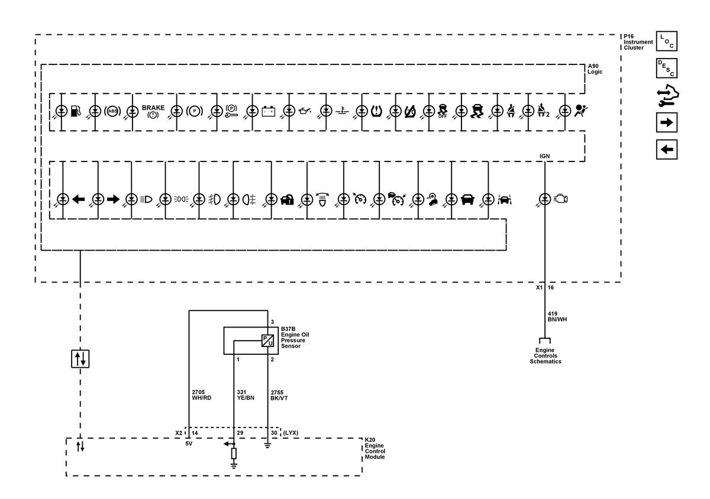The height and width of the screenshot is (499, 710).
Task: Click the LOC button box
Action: [x=667, y=41]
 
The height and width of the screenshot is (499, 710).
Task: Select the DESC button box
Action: [x=667, y=68]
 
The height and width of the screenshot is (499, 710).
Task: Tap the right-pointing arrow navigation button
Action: [x=667, y=122]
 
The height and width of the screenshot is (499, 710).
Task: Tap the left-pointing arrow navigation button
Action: [x=667, y=150]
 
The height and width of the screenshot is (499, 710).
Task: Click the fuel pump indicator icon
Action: [x=76, y=111]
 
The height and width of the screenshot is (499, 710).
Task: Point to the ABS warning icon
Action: [x=112, y=111]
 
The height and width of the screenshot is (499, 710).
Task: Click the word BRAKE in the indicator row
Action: [x=153, y=108]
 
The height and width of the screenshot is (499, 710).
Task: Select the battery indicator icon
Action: [x=269, y=111]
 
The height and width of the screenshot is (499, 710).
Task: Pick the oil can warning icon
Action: [x=305, y=111]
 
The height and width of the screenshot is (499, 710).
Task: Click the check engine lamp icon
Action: [x=560, y=199]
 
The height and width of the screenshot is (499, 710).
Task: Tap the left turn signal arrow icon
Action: [x=78, y=199]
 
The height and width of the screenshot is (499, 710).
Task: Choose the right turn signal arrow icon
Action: [x=113, y=199]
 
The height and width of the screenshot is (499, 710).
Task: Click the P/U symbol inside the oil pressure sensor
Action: [x=267, y=341]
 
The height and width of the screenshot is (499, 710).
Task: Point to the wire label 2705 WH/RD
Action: [x=202, y=395]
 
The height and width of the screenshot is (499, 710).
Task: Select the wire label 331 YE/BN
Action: [x=246, y=395]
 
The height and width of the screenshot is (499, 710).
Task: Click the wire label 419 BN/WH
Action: [x=557, y=316]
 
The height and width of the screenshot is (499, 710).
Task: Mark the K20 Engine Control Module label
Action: [x=375, y=448]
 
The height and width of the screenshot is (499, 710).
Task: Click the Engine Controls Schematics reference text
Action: [x=545, y=356]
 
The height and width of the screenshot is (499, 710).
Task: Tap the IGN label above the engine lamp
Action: [x=544, y=156]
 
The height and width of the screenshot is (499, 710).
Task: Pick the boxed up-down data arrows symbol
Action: [x=80, y=359]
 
